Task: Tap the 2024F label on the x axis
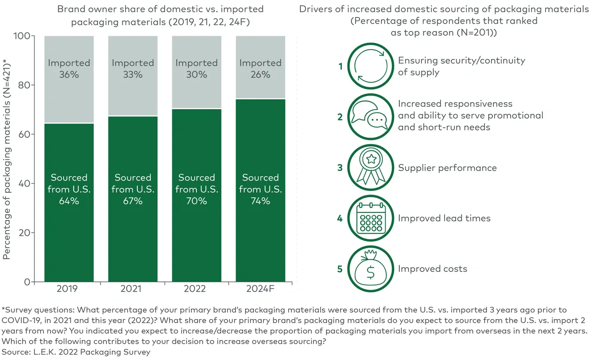(260, 289)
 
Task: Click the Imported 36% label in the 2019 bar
(69, 69)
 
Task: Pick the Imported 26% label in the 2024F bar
(260, 69)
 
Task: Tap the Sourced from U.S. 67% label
(133, 189)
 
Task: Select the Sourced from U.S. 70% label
(196, 189)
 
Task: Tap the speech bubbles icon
(371, 117)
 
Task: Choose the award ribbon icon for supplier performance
(371, 168)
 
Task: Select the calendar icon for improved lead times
(371, 218)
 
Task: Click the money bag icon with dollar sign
(371, 269)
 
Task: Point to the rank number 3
(340, 168)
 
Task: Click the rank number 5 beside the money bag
(340, 269)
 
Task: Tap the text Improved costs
(432, 269)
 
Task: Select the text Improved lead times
(444, 218)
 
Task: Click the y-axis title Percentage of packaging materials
(7, 159)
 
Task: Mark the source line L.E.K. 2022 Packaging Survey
(76, 352)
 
